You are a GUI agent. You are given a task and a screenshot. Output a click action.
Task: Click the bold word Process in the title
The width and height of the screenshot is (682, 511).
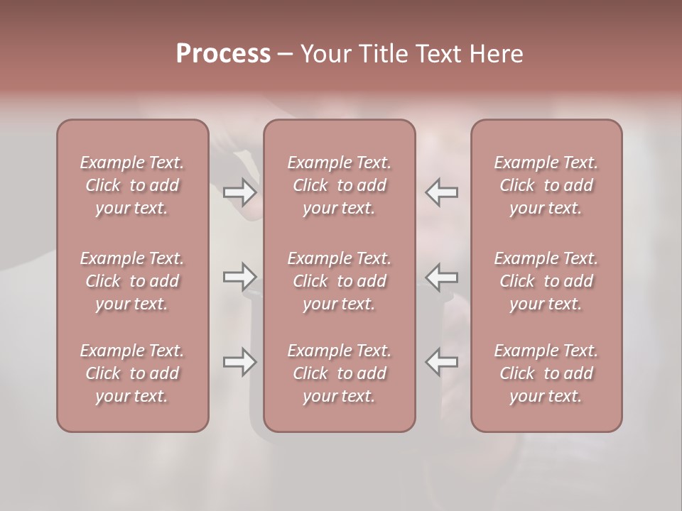pyautogui.click(x=223, y=54)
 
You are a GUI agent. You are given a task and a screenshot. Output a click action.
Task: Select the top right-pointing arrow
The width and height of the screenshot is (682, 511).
pyautogui.click(x=239, y=192)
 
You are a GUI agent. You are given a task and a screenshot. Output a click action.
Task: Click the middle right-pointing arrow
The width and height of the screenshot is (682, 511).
pyautogui.click(x=239, y=277)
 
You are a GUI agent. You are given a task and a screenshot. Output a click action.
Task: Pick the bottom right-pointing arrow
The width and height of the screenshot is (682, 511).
pyautogui.click(x=239, y=362)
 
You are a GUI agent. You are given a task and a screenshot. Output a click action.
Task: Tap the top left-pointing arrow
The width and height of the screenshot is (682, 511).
pyautogui.click(x=442, y=192)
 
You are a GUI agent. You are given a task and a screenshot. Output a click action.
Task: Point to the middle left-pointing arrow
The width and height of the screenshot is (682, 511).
pyautogui.click(x=442, y=277)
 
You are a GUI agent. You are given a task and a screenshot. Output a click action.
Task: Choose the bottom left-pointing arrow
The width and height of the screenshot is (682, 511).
pyautogui.click(x=442, y=362)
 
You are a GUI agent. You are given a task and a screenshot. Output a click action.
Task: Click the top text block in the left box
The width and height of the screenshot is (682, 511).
pyautogui.click(x=132, y=185)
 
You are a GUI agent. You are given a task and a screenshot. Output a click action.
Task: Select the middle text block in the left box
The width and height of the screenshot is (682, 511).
pyautogui.click(x=132, y=281)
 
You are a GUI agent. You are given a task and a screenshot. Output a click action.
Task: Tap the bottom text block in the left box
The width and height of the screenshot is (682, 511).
pyautogui.click(x=132, y=373)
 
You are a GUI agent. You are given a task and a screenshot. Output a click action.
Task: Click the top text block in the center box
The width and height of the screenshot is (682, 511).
pyautogui.click(x=340, y=185)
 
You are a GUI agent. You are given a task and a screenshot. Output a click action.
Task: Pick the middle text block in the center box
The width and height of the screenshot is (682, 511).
pyautogui.click(x=340, y=281)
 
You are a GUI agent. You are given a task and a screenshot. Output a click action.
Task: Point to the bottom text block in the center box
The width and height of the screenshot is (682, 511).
pyautogui.click(x=340, y=373)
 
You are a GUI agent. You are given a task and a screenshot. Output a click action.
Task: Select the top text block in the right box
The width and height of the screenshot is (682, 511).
pyautogui.click(x=546, y=185)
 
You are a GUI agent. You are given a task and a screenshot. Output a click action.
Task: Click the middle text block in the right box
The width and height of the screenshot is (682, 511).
pyautogui.click(x=546, y=281)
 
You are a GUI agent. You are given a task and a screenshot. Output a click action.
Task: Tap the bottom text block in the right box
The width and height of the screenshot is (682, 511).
pyautogui.click(x=546, y=373)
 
